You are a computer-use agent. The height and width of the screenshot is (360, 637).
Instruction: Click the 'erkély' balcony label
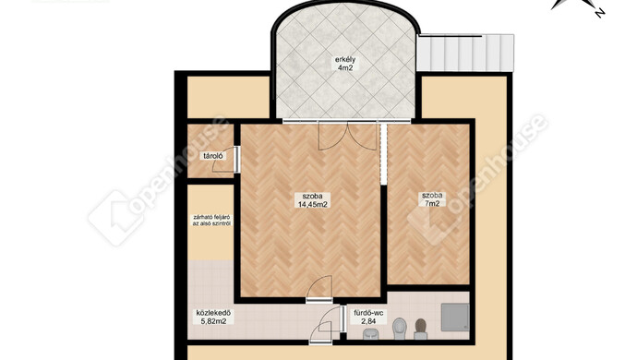(345, 60)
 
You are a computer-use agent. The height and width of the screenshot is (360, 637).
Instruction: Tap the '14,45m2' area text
(313, 204)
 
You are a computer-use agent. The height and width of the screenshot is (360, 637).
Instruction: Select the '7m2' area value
(432, 204)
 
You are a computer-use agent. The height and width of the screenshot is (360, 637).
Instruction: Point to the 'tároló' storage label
(213, 156)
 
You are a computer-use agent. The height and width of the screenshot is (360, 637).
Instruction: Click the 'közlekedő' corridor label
(213, 313)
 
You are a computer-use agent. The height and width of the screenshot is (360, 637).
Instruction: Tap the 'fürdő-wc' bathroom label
(368, 313)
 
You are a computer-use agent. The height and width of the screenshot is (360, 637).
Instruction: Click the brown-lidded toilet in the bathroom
(420, 329)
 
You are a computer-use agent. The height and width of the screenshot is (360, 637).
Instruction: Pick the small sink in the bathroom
(370, 334)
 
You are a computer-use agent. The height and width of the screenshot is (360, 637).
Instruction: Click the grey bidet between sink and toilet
(399, 327)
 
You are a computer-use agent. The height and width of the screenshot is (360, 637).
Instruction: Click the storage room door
(226, 161)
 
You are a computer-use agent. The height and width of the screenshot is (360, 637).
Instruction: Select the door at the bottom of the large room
(319, 289)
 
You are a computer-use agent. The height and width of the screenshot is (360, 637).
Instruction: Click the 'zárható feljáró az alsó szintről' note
(211, 221)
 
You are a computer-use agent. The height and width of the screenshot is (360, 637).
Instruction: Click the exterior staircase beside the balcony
(465, 53)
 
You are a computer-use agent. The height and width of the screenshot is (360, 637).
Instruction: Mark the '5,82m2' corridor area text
(213, 321)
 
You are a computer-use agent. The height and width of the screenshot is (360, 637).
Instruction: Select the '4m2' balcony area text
(345, 68)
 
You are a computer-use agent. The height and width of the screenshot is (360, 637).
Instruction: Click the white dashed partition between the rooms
(383, 153)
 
